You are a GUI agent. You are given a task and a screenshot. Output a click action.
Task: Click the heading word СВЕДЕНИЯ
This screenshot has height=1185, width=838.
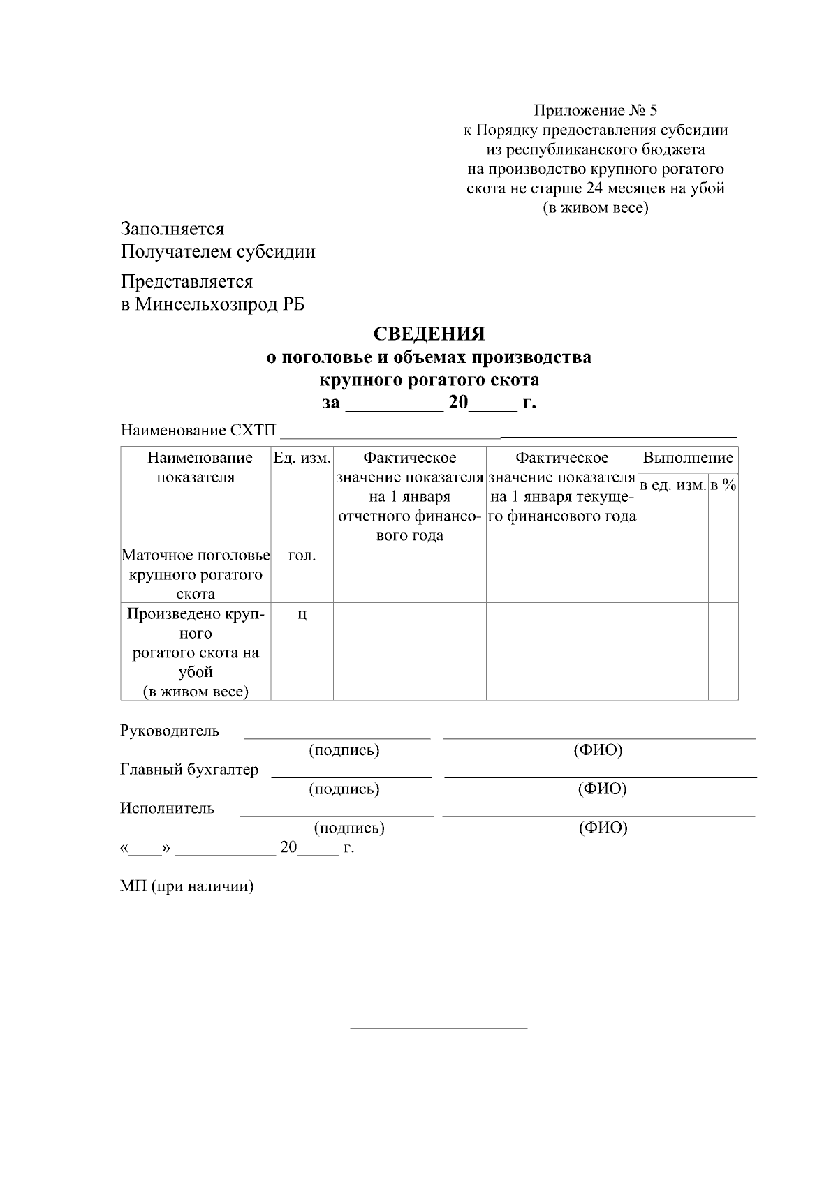429,334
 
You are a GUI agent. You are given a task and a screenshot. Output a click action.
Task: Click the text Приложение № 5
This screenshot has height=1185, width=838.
595,110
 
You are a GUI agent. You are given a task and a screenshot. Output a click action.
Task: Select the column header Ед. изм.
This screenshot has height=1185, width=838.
302,458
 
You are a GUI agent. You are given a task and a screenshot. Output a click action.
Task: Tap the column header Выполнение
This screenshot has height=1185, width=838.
687,458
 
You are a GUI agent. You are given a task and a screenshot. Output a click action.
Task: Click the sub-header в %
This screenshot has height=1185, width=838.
723,484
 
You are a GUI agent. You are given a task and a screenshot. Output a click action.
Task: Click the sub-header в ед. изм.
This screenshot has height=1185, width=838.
673,484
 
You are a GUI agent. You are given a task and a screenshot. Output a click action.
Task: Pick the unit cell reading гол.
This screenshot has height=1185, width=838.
302,556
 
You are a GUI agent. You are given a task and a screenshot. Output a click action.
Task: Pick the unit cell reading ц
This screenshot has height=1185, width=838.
302,614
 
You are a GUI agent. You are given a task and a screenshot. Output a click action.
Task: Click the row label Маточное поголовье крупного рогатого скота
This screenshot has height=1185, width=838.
196,574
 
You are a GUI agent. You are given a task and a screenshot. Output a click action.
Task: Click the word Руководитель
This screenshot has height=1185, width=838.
170,731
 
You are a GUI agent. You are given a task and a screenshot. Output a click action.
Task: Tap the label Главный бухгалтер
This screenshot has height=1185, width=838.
189,770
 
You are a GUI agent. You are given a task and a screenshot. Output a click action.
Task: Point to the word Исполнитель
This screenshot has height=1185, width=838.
168,808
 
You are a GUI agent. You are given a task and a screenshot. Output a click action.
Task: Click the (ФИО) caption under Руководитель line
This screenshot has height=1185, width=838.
598,750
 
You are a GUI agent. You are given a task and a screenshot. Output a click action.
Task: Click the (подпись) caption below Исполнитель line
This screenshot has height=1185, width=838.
349,828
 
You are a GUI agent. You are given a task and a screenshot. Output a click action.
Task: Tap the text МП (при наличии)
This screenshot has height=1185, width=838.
186,886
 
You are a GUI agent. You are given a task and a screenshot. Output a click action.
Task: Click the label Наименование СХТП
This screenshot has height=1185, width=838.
198,430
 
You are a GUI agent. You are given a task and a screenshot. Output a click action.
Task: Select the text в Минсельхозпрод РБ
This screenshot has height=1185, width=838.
212,304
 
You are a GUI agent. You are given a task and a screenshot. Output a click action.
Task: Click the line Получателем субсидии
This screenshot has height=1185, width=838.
217,251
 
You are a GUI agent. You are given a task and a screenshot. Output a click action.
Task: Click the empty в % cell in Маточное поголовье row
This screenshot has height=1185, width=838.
723,574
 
